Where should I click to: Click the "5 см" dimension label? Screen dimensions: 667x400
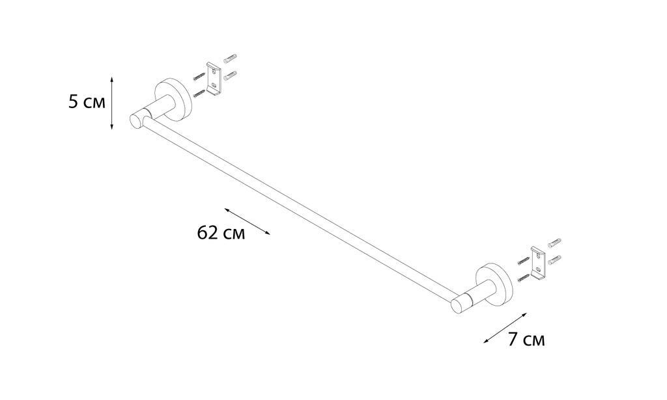coord(87,102)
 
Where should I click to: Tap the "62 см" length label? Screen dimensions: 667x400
coord(221,233)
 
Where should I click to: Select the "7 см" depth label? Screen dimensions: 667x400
coord(526,340)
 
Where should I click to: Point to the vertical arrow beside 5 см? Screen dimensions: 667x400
coord(111,103)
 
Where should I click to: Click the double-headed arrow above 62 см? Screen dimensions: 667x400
coord(248,221)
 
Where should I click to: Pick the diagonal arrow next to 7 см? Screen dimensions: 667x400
coord(505,328)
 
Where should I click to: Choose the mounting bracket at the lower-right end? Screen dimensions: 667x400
coord(538,263)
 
